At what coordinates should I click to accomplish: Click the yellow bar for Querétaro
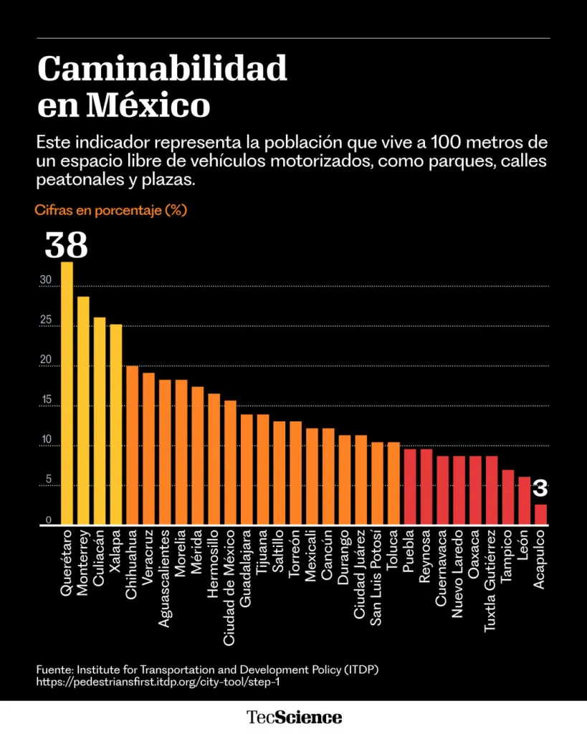tap(67, 394)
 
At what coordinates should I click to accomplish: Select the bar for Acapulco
tap(541, 515)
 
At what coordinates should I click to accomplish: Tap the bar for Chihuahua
tap(132, 445)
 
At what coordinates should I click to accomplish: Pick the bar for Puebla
tap(410, 487)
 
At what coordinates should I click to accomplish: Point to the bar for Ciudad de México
tap(230, 462)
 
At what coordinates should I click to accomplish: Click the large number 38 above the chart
tap(66, 245)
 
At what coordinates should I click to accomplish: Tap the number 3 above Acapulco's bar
tap(540, 489)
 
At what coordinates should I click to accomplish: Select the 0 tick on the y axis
tap(49, 520)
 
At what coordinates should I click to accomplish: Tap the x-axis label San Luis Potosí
tap(377, 578)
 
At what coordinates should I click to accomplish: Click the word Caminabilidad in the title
tap(162, 70)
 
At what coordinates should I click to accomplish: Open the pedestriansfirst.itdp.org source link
tap(158, 682)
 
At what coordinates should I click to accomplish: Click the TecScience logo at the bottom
tap(294, 717)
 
